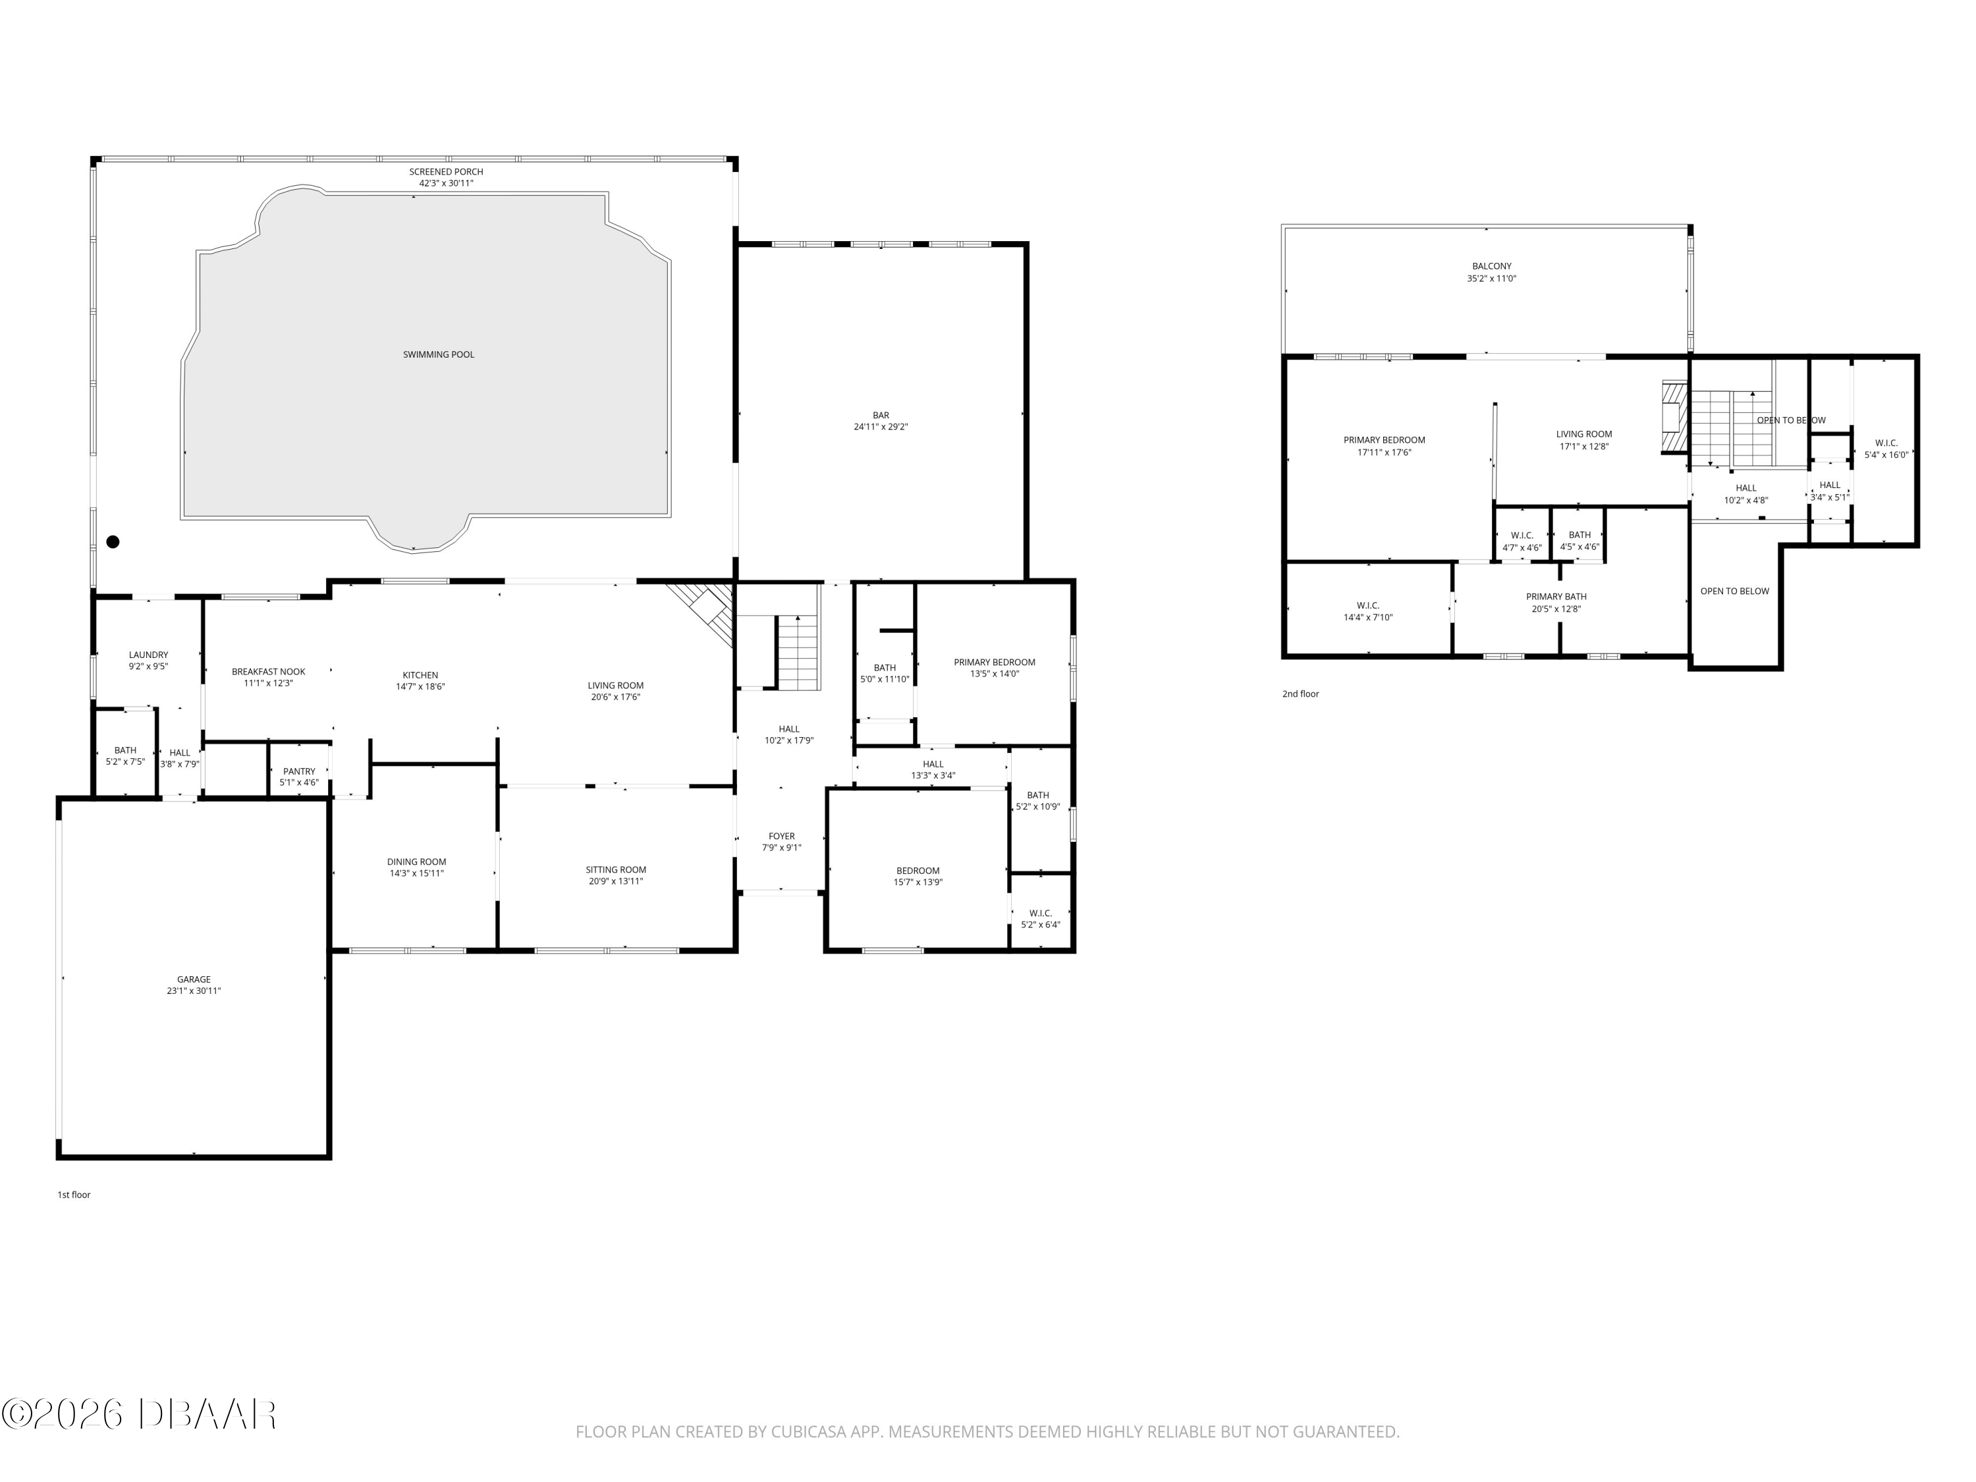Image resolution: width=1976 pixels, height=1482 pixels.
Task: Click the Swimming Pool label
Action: click(439, 354)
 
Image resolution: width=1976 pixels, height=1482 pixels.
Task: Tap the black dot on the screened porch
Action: click(113, 541)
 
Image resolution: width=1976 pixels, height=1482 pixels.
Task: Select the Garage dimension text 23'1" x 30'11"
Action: click(194, 991)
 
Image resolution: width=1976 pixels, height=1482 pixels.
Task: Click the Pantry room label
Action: click(299, 771)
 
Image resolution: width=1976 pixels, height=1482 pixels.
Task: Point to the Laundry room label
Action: click(148, 655)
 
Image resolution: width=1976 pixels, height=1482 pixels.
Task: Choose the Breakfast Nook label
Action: click(269, 672)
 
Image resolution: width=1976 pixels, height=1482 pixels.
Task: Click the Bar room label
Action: click(881, 416)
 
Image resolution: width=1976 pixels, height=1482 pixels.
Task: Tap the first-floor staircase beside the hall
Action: click(797, 653)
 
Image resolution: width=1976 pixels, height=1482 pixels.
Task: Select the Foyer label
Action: click(782, 836)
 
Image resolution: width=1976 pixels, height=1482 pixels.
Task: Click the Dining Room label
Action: click(416, 862)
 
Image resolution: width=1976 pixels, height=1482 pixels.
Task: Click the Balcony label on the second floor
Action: click(1492, 266)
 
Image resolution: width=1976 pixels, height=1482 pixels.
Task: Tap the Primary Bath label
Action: click(1556, 597)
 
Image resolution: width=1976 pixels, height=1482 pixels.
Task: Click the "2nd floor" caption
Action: click(1301, 694)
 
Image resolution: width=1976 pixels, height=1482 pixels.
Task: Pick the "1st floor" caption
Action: click(74, 1194)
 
